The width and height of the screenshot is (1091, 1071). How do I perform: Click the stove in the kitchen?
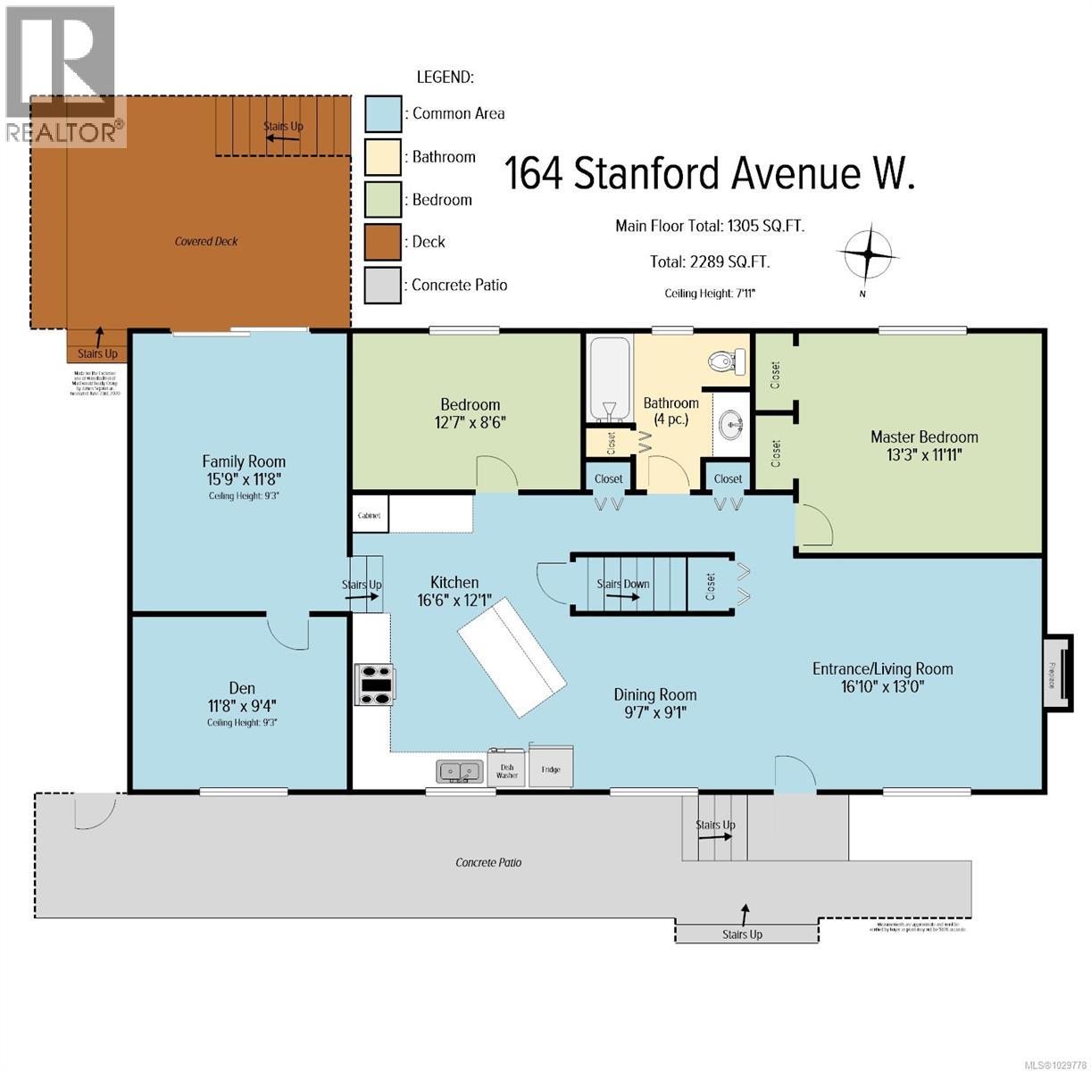(x=375, y=685)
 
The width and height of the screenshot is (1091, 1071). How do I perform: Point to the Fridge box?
(x=550, y=768)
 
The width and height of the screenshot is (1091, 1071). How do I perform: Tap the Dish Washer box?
(x=507, y=770)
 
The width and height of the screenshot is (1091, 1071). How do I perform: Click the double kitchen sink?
(x=459, y=770)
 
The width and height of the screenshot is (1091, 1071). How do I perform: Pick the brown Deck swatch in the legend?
(x=382, y=242)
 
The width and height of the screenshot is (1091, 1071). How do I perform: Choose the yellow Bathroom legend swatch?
(x=382, y=157)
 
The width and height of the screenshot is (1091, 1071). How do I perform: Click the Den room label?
(x=242, y=688)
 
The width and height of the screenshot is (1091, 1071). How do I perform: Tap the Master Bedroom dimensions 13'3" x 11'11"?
(x=924, y=454)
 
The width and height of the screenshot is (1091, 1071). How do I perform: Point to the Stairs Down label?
(x=623, y=585)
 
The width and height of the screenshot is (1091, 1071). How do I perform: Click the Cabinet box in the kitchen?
(x=369, y=516)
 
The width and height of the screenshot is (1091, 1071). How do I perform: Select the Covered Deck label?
(x=206, y=241)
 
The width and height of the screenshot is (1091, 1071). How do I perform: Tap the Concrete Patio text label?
(x=488, y=862)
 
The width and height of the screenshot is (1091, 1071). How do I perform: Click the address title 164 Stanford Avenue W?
(x=710, y=173)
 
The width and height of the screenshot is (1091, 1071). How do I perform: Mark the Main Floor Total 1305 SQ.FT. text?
(x=710, y=226)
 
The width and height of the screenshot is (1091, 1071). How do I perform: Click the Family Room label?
(x=244, y=461)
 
